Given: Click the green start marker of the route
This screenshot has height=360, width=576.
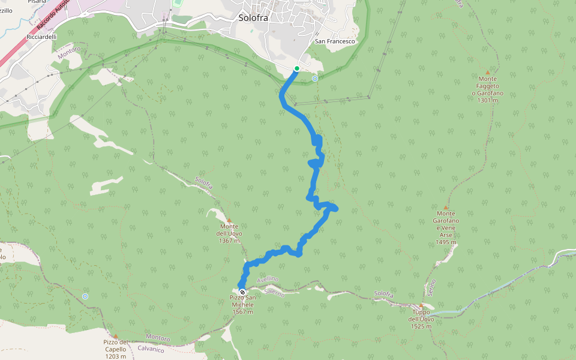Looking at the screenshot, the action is [x=297, y=68].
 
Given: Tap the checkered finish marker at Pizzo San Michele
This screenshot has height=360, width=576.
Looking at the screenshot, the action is [x=242, y=292].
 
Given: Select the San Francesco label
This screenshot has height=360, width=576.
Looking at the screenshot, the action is [x=335, y=41].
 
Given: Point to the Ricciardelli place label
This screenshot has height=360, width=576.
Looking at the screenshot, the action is [x=41, y=37].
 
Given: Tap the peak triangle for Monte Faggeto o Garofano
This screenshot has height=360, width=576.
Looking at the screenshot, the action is [x=487, y=72].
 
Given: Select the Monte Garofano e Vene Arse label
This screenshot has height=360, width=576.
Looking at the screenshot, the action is [x=446, y=228].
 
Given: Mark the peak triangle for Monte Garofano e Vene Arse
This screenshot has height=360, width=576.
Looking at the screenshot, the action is [x=446, y=207].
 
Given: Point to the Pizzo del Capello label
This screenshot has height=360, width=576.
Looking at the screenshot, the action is [x=115, y=349].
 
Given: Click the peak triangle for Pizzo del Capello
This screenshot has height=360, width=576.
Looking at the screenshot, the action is [x=115, y=336].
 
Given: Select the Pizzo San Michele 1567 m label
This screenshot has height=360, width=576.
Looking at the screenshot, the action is [x=242, y=305].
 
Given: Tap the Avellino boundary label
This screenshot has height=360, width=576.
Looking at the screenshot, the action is [x=267, y=283].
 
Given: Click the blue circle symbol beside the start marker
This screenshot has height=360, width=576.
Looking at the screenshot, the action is [x=314, y=78].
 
